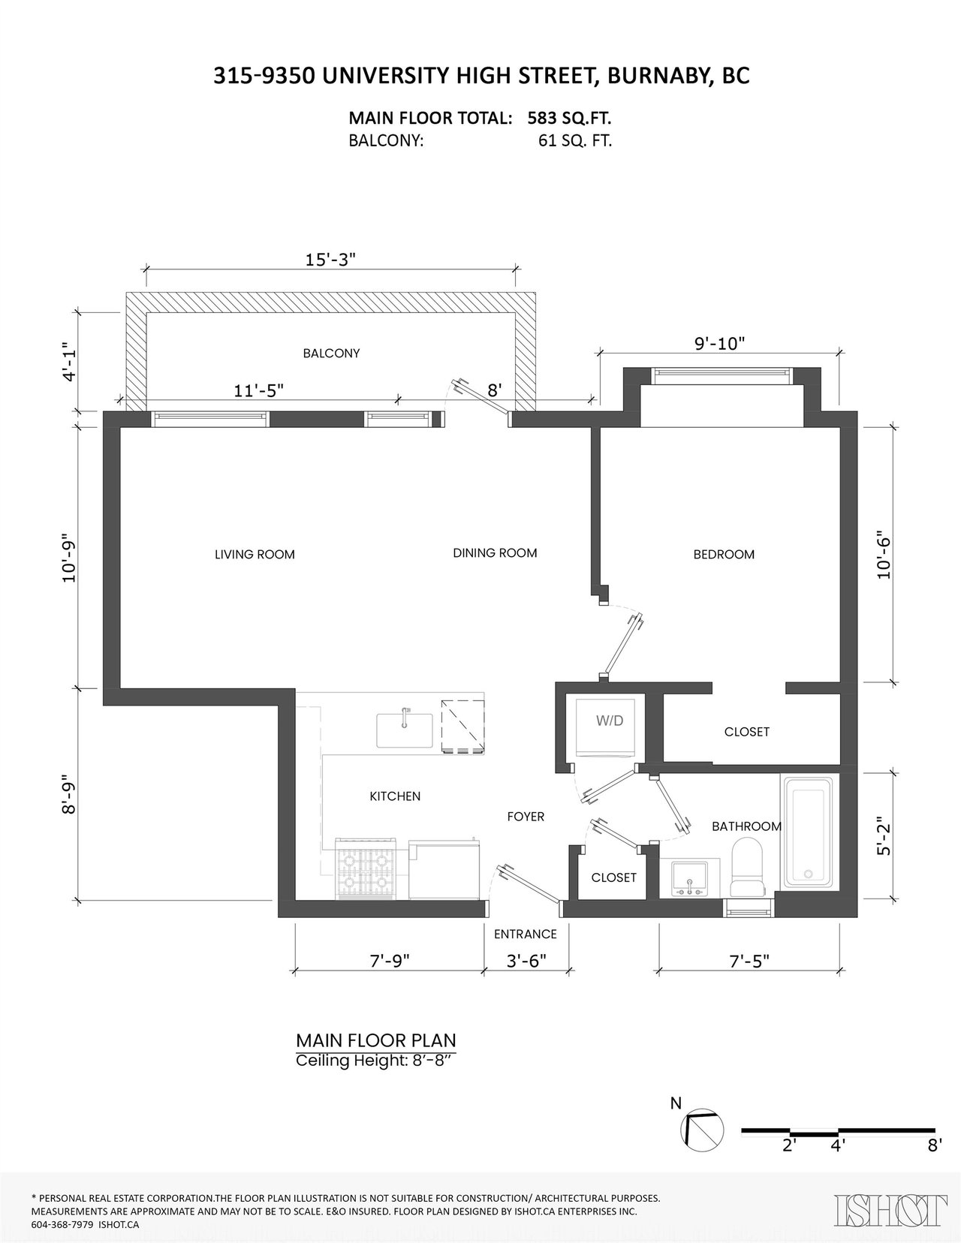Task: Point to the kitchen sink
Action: point(405,730)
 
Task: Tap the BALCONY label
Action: point(331,354)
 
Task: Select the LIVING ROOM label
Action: point(255,554)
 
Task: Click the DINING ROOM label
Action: point(495,553)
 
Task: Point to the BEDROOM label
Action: point(724,554)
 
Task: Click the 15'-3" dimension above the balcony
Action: point(330,259)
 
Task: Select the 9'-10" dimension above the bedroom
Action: point(719,344)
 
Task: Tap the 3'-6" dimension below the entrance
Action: point(527,961)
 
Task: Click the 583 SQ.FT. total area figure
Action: point(569,119)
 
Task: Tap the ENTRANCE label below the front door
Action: point(525,934)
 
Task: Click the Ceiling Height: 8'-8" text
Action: point(375,1061)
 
